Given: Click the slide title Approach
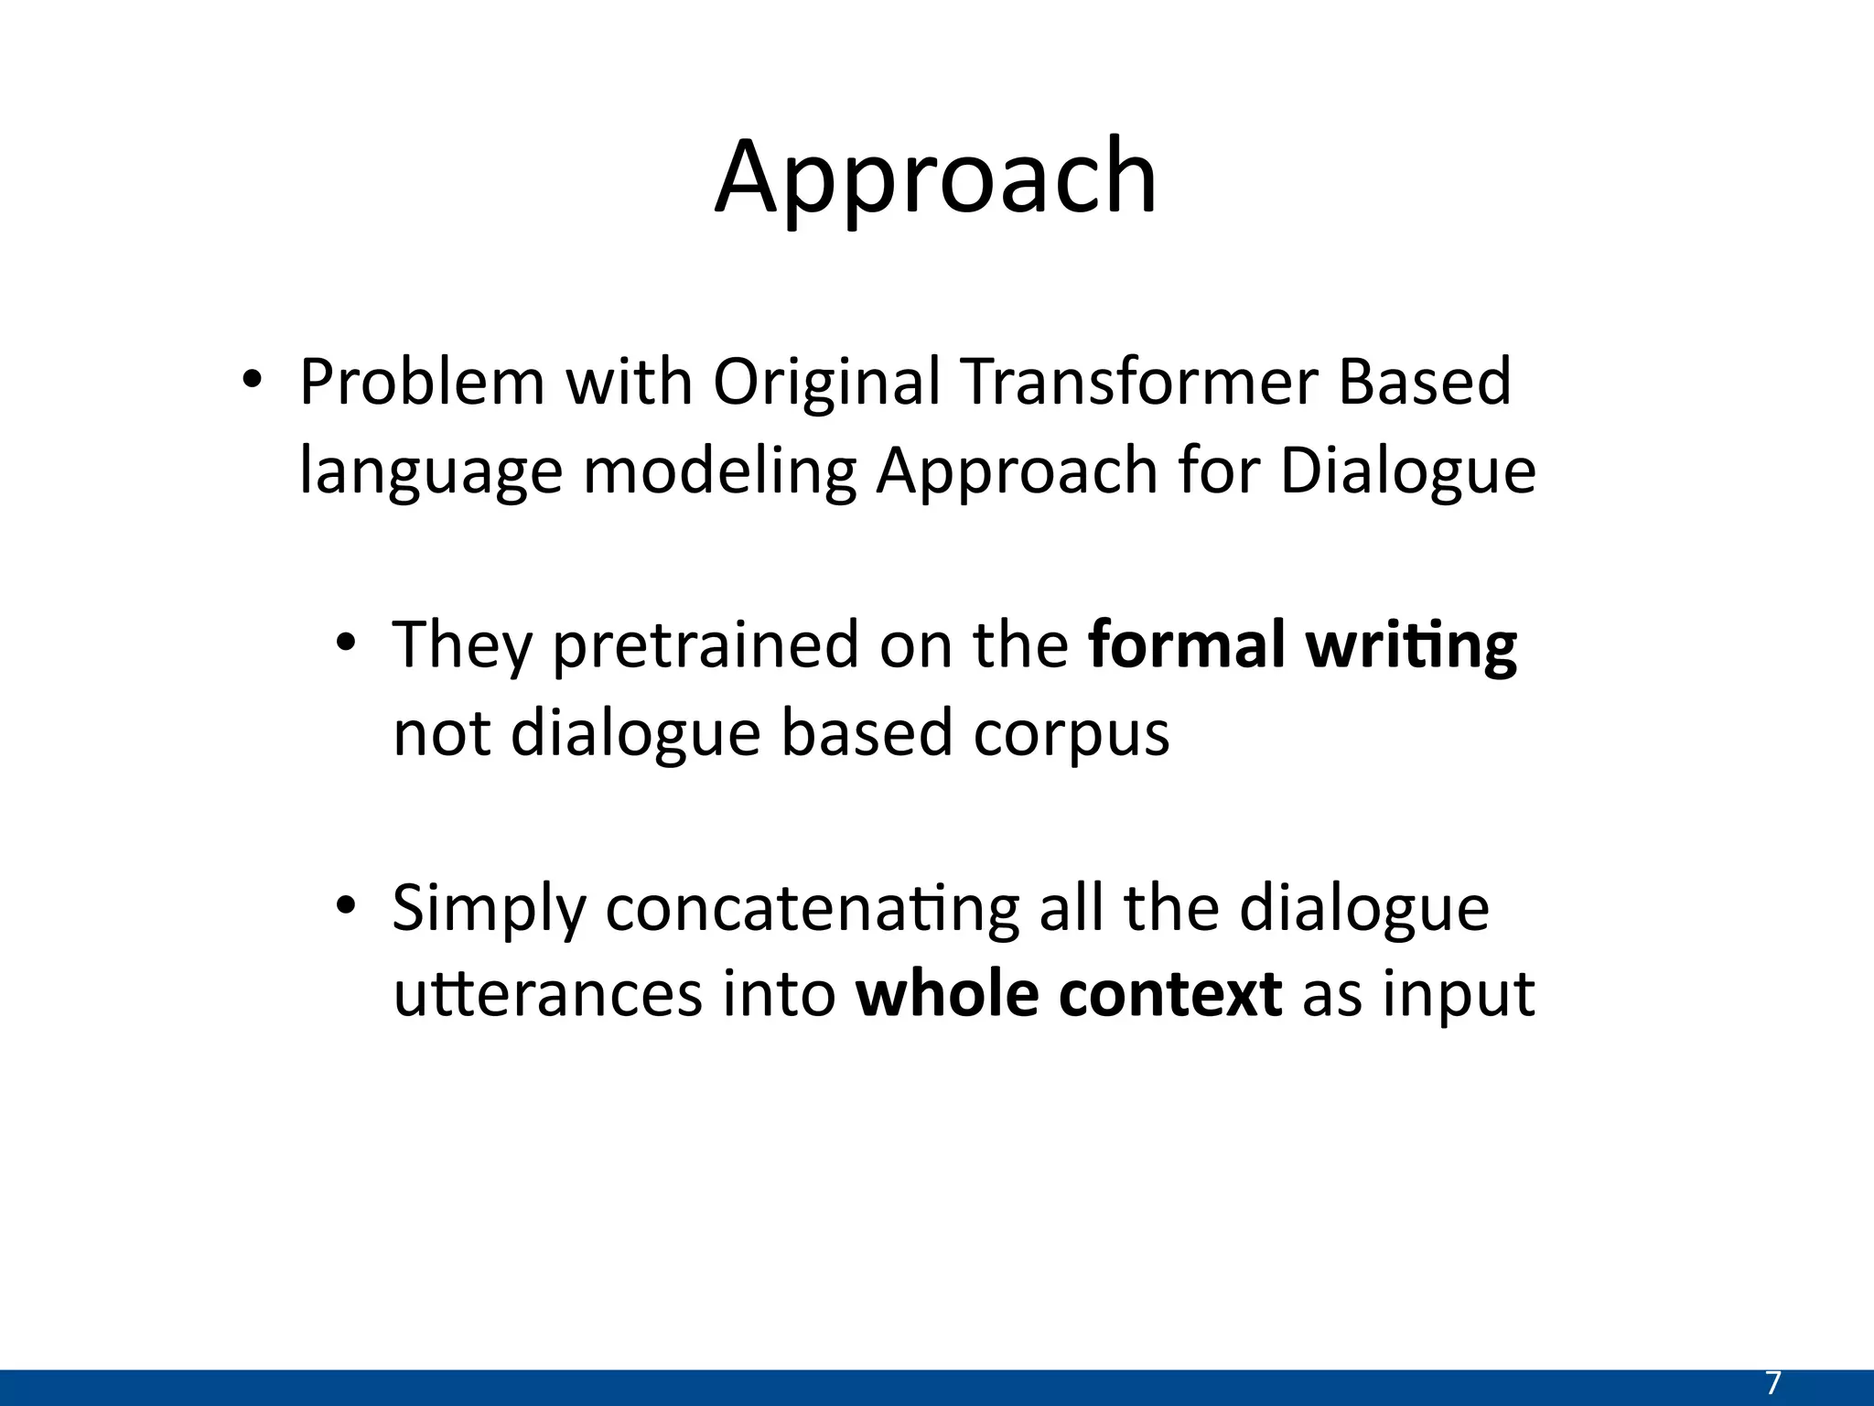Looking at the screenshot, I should (x=935, y=178).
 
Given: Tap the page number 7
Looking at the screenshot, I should (x=1772, y=1383).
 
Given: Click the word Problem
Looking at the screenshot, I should (x=422, y=382).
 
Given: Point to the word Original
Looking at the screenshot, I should (x=826, y=382).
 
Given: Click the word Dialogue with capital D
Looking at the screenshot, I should (x=1407, y=470).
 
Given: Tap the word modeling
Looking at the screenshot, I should (x=719, y=470).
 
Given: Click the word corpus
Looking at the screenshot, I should (x=1072, y=734).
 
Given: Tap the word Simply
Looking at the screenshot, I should (x=489, y=909).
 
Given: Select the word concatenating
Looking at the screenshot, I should (x=812, y=909).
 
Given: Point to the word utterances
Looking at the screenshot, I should (x=547, y=994).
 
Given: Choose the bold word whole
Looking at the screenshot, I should (x=946, y=994).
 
